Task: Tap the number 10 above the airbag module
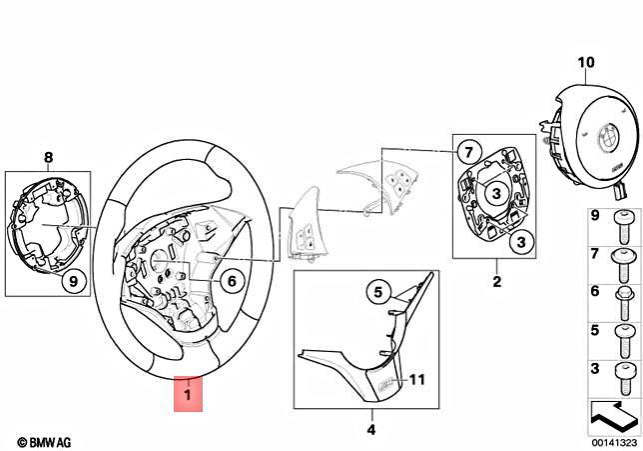click(x=586, y=62)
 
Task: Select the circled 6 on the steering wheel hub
click(x=228, y=282)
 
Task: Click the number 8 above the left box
click(x=47, y=156)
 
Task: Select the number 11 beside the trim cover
click(x=417, y=380)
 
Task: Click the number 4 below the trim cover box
click(x=370, y=430)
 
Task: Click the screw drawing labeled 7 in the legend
click(x=622, y=258)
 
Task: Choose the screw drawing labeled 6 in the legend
click(x=622, y=296)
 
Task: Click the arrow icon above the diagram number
click(x=611, y=410)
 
